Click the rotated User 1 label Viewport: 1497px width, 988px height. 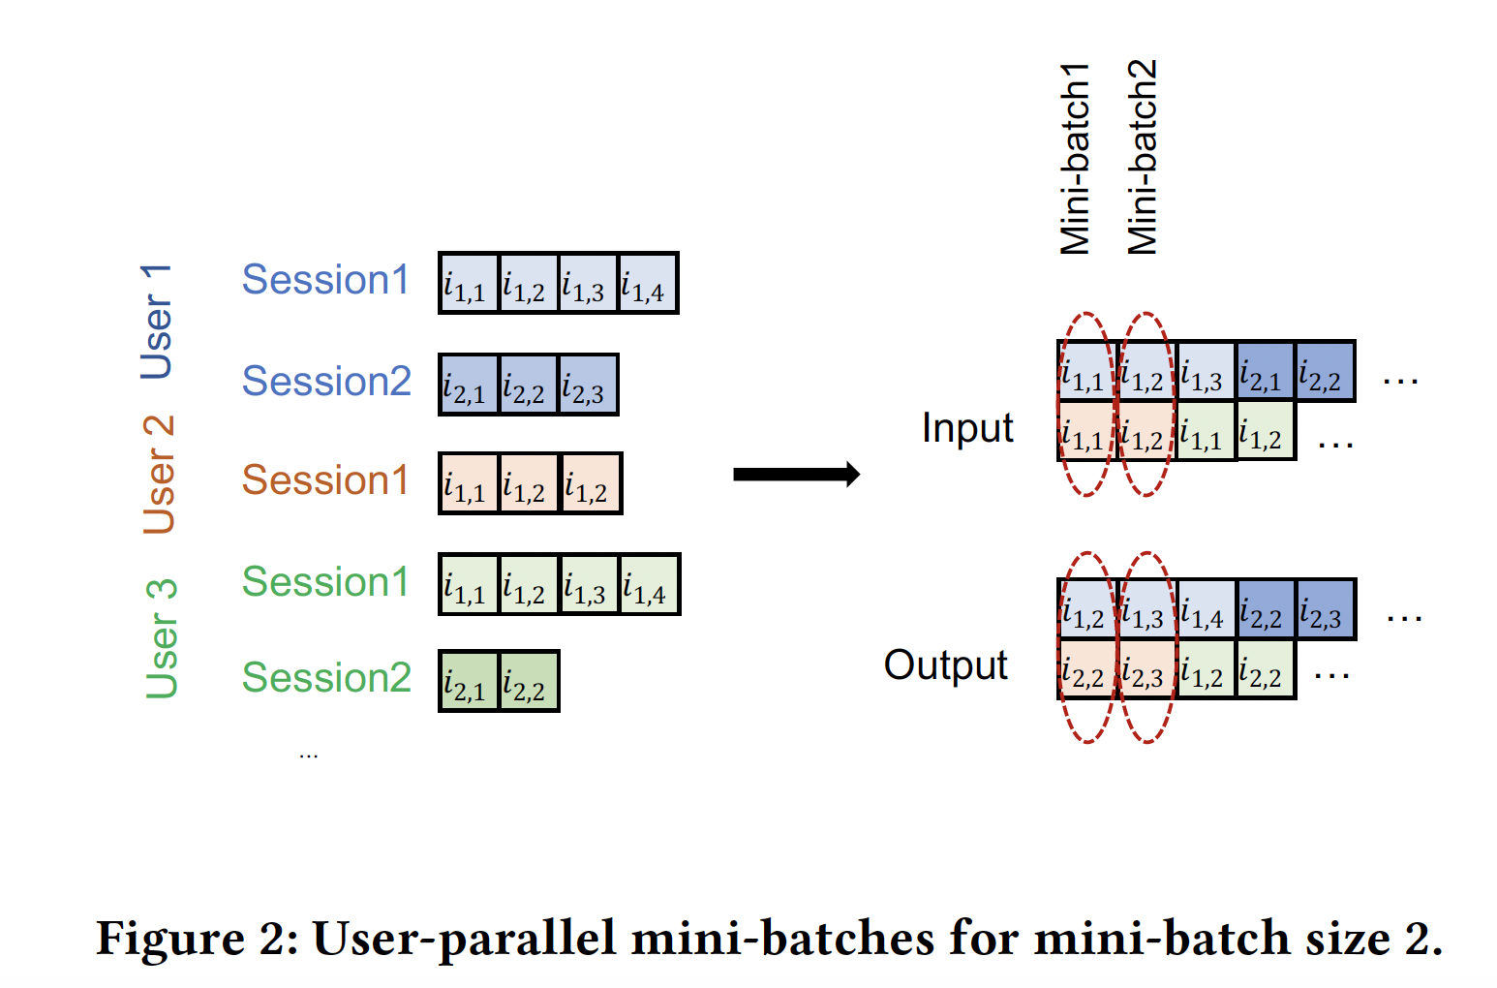click(157, 321)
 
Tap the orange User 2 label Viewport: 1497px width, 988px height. click(159, 475)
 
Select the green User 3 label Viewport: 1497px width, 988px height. click(161, 638)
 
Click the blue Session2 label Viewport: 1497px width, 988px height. click(326, 381)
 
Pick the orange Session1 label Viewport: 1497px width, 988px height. click(325, 480)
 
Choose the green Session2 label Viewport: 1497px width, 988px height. click(326, 677)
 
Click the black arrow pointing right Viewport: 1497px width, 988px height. click(796, 475)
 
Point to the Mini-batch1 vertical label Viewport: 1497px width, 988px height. click(1075, 159)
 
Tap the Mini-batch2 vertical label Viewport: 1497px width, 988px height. click(1143, 157)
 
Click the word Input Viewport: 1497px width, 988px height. click(966, 428)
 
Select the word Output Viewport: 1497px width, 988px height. click(945, 665)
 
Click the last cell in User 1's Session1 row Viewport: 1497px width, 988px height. click(647, 284)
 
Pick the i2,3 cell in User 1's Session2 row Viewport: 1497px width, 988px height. click(587, 386)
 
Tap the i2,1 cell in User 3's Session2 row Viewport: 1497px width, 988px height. click(469, 682)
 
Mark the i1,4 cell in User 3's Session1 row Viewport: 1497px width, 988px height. click(649, 585)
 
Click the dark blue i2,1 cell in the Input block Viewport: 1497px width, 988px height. click(1265, 372)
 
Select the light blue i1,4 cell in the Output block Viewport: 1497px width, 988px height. click(1207, 610)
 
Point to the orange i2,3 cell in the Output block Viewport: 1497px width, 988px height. click(1147, 670)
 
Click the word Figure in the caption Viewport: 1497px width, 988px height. click(169, 939)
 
